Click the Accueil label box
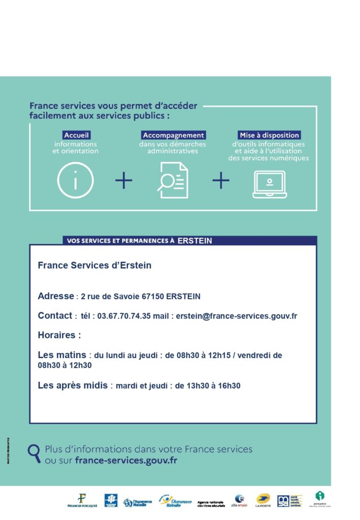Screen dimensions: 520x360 (77, 136)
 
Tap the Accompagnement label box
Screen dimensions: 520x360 (173, 136)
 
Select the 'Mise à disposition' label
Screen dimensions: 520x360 (269, 136)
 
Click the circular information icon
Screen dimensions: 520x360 (75, 180)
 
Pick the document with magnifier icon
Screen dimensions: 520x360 (172, 180)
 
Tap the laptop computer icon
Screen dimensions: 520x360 (270, 184)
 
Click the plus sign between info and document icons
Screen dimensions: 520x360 (123, 180)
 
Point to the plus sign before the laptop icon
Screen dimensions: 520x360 (220, 180)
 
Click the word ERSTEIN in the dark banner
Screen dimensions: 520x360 (195, 241)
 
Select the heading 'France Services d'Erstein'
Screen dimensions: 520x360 (94, 266)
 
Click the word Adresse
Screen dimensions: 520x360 (56, 296)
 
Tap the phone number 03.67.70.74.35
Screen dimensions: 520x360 (124, 316)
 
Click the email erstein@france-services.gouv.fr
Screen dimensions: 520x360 (236, 316)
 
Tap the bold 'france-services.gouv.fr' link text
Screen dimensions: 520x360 (126, 461)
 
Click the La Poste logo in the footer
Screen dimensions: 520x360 (263, 500)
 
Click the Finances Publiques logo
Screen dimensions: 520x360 (82, 500)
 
